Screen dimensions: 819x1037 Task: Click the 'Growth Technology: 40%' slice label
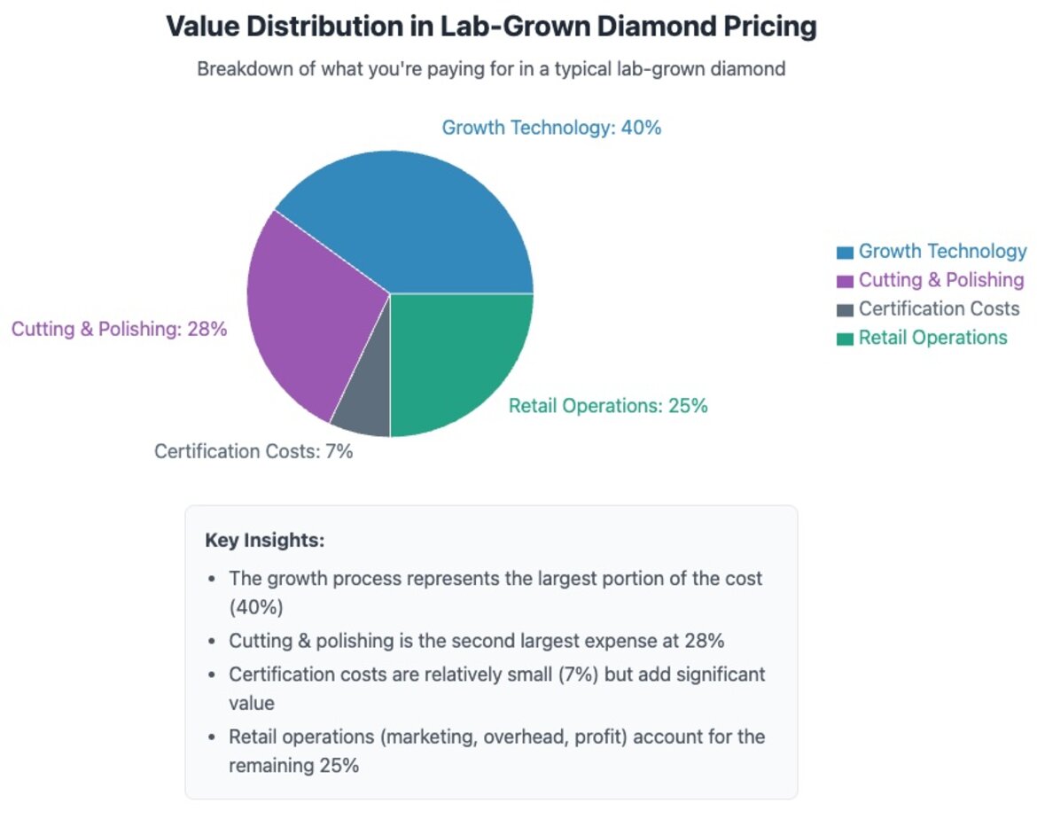[551, 128]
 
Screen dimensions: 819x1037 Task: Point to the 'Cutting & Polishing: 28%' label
[119, 329]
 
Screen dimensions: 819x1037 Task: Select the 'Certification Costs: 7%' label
[253, 451]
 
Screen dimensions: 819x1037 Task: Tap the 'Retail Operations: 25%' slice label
[608, 406]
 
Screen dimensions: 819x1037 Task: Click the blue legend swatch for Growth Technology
[845, 253]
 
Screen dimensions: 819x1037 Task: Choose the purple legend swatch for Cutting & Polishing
[845, 281]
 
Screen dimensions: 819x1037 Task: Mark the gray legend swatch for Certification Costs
[845, 309]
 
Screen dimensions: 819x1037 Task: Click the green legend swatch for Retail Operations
[845, 338]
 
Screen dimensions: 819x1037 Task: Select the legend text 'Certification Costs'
[939, 309]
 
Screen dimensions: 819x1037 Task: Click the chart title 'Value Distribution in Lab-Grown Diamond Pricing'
[491, 27]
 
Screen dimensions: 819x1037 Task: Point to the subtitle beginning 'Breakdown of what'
[491, 69]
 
